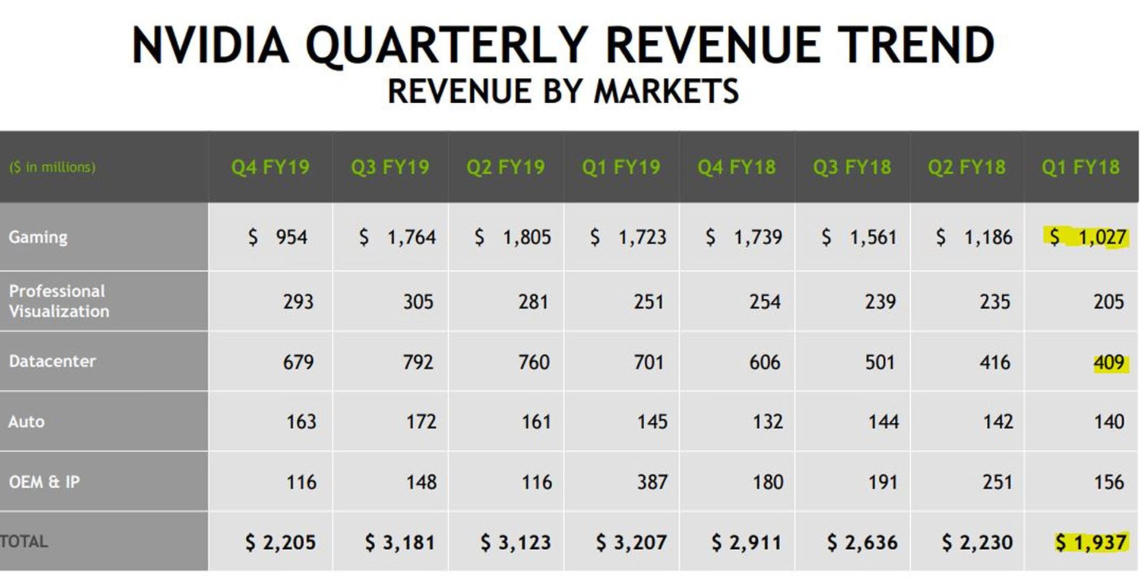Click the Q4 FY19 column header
coord(270,167)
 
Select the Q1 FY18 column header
coord(1080,167)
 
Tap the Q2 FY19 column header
coord(505,167)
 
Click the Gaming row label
coord(38,237)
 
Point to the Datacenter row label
coord(52,361)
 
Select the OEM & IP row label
coord(44,482)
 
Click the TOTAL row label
coord(24,541)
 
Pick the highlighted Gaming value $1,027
coord(1087,237)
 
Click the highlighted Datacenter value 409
coord(1109,362)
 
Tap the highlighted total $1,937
coord(1091,542)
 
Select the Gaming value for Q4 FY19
coord(278,237)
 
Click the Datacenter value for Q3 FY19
coord(418,362)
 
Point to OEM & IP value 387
coord(652,482)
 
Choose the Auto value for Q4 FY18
coord(767,422)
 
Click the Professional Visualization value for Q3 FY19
coord(418,302)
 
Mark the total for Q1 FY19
coord(631,542)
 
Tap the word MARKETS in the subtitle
coord(666,91)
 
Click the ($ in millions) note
coord(52,167)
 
